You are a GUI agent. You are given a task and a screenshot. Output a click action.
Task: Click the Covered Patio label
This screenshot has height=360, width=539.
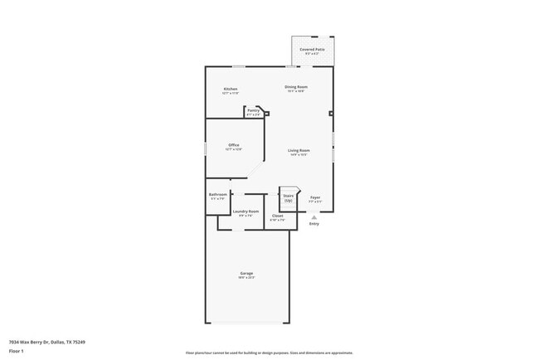313,50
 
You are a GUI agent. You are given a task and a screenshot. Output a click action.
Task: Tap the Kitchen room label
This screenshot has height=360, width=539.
231,89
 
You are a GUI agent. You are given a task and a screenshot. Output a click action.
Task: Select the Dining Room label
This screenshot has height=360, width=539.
296,86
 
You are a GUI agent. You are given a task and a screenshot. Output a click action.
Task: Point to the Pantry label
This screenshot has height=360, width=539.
253,109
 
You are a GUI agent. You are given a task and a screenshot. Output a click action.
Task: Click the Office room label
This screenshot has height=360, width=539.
234,145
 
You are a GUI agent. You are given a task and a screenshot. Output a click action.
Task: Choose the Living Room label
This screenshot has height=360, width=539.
299,150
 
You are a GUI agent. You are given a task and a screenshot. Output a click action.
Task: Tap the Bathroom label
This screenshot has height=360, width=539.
218,194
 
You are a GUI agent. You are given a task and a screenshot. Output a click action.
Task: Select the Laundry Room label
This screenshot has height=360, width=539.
246,212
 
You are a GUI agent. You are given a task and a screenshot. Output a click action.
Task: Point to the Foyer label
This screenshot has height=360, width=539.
315,197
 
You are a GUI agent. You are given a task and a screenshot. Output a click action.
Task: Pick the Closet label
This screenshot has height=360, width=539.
277,216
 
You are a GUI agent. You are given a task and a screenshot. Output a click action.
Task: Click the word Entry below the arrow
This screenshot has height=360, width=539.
314,224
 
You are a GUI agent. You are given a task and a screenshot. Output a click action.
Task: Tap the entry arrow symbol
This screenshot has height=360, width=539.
314,217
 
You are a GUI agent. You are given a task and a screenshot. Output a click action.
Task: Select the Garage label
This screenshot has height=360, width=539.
246,273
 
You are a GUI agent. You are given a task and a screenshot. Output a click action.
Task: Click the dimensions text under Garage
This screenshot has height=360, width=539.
246,278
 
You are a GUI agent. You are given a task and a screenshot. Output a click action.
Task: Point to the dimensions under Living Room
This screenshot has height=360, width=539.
299,155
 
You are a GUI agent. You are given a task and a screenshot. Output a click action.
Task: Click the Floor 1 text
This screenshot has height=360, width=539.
17,351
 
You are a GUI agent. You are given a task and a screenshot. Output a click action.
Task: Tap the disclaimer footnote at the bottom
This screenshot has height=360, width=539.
269,353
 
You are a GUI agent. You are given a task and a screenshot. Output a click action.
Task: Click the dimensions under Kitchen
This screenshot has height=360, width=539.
231,94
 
